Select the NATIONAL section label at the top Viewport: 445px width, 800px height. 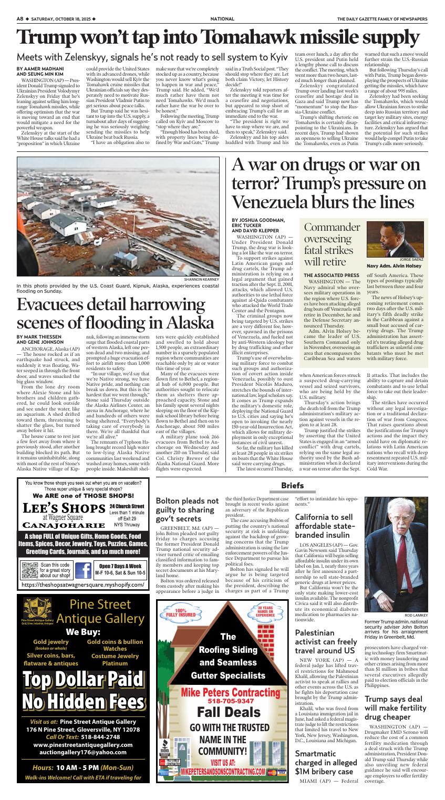pos(222,18)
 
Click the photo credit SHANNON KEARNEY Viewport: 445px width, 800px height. pos(201,279)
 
